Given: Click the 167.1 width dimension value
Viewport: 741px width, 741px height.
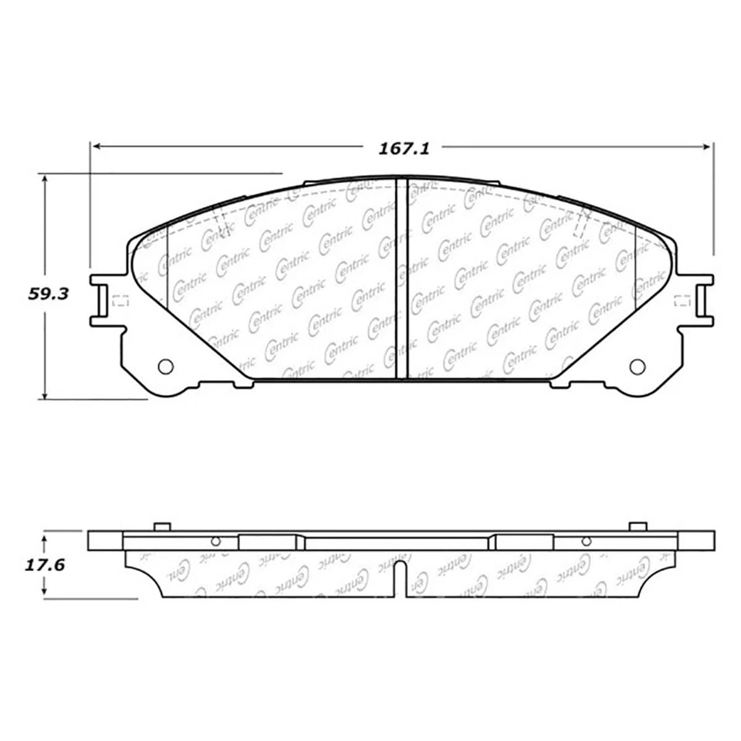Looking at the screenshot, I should (x=403, y=147).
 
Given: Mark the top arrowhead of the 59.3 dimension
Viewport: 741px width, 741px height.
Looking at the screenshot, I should (x=46, y=178).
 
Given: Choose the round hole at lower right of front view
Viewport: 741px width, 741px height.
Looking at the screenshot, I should (x=638, y=367).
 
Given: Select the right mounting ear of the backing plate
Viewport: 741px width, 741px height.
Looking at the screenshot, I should (x=701, y=300).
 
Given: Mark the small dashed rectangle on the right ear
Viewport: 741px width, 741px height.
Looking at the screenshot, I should (x=682, y=301).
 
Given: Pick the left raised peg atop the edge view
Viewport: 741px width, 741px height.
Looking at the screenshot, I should (x=161, y=526).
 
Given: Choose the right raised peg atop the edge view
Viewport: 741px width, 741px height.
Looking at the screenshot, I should (x=637, y=526).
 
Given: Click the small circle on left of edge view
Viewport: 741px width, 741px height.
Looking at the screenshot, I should (x=216, y=540).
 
